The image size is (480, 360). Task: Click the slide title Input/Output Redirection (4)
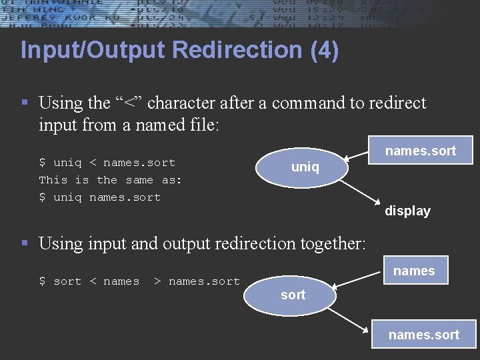(x=179, y=51)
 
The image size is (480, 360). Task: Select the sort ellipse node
(x=293, y=295)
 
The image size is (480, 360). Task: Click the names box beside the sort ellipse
(x=413, y=271)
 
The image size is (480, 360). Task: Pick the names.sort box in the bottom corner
(x=423, y=335)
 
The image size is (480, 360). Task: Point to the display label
(x=407, y=211)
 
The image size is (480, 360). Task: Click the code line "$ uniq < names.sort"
(x=107, y=163)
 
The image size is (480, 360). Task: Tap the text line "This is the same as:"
(x=110, y=180)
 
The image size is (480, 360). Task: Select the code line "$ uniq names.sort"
(x=99, y=197)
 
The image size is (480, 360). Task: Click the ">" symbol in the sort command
(x=157, y=281)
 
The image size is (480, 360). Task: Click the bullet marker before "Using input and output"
(x=25, y=243)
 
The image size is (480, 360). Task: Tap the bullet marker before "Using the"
(x=25, y=103)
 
